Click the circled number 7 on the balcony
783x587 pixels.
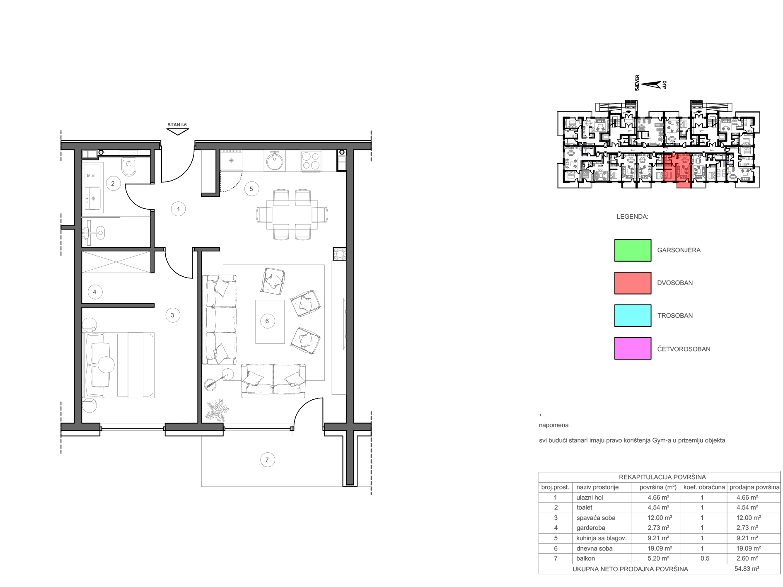[x=267, y=459]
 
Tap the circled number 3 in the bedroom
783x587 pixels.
[x=172, y=315]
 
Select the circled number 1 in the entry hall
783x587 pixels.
[x=178, y=209]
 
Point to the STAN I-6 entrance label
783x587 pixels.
[x=177, y=125]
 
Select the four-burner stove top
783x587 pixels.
[x=311, y=161]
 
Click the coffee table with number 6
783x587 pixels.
[x=270, y=321]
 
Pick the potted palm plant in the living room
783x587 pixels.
[x=217, y=410]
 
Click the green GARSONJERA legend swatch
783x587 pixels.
[x=633, y=250]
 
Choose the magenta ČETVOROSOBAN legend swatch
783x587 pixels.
[x=633, y=348]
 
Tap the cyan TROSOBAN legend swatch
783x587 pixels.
[x=633, y=316]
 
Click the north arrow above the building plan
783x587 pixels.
[x=651, y=85]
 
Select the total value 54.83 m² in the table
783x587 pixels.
[x=747, y=569]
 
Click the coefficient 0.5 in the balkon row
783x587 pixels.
[x=705, y=558]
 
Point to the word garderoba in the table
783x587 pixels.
[x=591, y=528]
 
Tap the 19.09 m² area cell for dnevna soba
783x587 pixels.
[x=660, y=548]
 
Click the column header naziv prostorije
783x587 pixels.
[x=597, y=487]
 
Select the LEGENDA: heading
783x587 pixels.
[x=633, y=217]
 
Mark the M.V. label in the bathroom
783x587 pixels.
[x=91, y=176]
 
